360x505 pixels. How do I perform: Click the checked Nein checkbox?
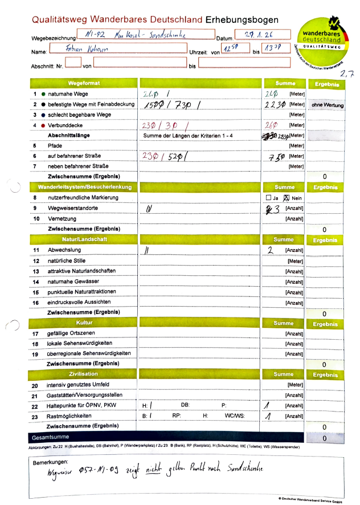[287, 198]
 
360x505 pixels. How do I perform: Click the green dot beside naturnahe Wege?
[43, 93]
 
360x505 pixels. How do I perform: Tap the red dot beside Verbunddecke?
[43, 125]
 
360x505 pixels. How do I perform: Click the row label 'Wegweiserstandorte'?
[72, 208]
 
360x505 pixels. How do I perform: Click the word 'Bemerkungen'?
[50, 461]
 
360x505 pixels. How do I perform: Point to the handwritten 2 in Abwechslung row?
[271, 250]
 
